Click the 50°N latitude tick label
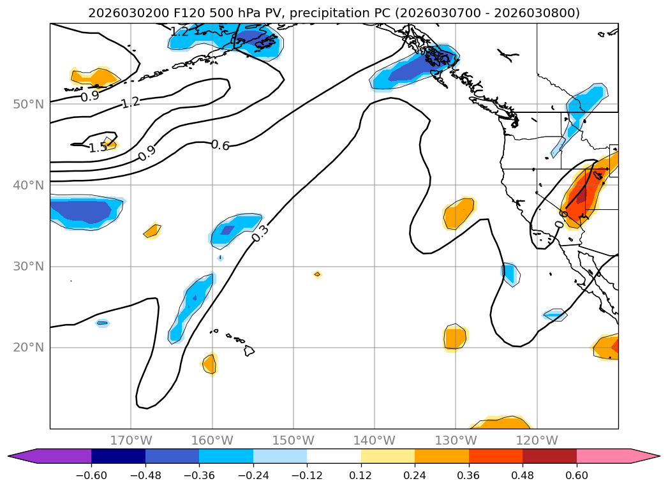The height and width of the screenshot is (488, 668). point(28,104)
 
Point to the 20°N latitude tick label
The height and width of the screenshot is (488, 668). point(28,348)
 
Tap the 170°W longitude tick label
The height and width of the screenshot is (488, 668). point(131,441)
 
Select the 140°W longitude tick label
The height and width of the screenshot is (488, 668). point(375,441)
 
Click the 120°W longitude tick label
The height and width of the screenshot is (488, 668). point(537,441)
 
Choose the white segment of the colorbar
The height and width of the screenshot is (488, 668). point(334,456)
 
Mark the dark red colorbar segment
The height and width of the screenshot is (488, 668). point(549,456)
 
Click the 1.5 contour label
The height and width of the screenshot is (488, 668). point(98,148)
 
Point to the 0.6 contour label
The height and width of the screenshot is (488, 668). point(220,145)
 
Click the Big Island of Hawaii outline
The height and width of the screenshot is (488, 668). point(249,351)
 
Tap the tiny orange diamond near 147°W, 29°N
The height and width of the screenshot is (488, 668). point(317,274)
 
